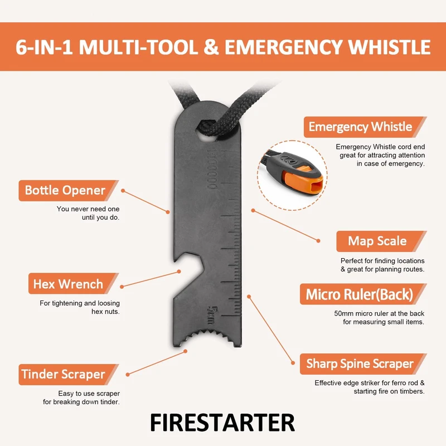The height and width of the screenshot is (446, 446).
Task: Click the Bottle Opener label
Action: (x=65, y=190)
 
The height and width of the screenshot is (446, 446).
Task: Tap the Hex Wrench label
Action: (x=68, y=284)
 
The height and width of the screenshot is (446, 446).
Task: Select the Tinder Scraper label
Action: (x=64, y=374)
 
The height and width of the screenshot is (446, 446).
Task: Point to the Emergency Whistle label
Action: (x=360, y=127)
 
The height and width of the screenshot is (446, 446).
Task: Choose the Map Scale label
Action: (x=377, y=241)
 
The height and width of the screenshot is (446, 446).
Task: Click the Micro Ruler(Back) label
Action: (x=359, y=294)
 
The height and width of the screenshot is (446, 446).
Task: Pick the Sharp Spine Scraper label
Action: (x=360, y=364)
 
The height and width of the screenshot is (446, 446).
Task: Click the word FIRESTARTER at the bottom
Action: (x=222, y=423)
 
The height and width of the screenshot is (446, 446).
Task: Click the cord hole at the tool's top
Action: (x=207, y=130)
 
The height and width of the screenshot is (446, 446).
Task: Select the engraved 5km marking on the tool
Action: (x=212, y=314)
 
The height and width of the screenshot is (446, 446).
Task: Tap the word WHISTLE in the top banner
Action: (x=389, y=47)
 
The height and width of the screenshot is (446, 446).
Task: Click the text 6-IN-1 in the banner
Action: (x=44, y=47)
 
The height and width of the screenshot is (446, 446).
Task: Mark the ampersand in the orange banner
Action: (x=211, y=47)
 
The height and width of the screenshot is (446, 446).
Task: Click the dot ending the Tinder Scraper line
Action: (x=128, y=375)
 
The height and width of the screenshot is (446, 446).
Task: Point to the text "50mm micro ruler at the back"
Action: (x=379, y=313)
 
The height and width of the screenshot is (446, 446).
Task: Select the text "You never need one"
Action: (x=88, y=209)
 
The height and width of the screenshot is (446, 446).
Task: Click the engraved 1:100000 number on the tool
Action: (x=212, y=169)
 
